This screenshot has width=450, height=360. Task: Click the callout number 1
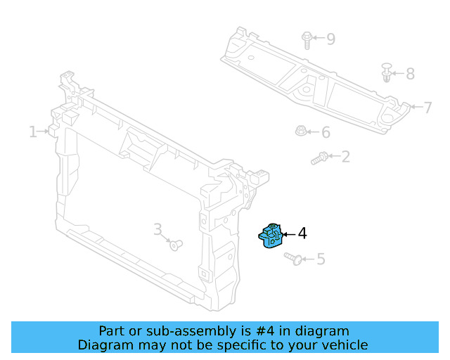[32, 131]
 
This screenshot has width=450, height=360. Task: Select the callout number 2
[345, 156]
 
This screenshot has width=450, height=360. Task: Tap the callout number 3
[157, 229]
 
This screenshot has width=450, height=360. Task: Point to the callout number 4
[302, 233]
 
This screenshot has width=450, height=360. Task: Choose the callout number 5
[321, 259]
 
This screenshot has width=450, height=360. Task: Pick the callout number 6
[326, 132]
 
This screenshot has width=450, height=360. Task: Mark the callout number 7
[427, 108]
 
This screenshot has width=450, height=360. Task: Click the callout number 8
[410, 74]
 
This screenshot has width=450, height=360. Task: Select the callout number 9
[330, 39]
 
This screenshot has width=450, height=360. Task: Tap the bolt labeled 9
[307, 40]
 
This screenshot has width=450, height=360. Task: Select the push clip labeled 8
[387, 72]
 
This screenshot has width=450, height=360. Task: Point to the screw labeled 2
[319, 158]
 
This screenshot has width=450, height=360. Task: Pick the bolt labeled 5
[295, 259]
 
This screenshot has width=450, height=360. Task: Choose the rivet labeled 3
[175, 245]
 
